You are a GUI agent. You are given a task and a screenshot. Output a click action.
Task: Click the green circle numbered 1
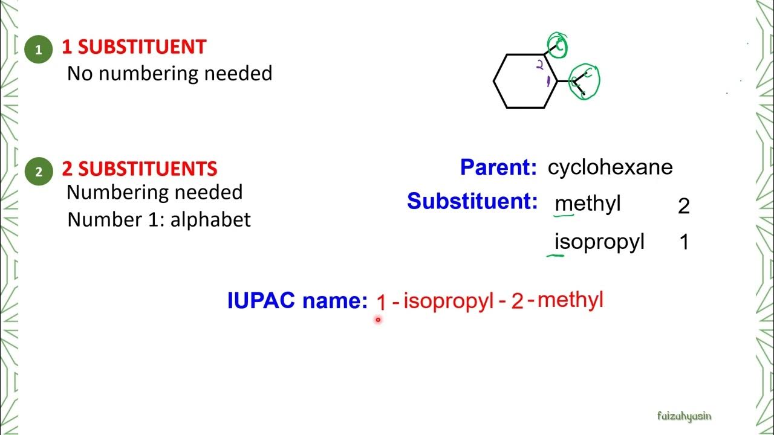click(39, 50)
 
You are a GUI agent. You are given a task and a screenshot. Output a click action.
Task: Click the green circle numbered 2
click(39, 172)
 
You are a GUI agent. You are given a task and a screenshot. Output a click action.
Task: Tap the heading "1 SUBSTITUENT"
click(134, 47)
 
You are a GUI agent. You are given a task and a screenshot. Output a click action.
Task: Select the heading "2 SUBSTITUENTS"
click(139, 169)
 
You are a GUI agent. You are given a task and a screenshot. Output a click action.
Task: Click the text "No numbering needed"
click(169, 74)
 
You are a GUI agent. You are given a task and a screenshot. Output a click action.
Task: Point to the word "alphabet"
click(210, 219)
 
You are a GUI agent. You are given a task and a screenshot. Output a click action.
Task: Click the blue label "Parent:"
click(498, 168)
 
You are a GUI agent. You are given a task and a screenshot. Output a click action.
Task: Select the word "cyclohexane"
click(610, 167)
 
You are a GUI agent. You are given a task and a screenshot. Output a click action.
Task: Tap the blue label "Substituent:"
click(472, 201)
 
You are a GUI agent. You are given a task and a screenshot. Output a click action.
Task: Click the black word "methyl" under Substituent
click(588, 204)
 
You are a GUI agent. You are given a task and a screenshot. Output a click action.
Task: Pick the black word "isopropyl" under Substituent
click(599, 242)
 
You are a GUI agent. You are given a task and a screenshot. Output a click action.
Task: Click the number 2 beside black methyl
click(684, 207)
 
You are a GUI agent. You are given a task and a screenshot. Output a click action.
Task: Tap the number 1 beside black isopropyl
click(685, 243)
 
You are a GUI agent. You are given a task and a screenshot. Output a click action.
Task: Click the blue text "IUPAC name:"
click(297, 300)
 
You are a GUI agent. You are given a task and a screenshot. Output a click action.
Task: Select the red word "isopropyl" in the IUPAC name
click(449, 301)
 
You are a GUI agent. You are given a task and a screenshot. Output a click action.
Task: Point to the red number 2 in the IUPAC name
click(517, 301)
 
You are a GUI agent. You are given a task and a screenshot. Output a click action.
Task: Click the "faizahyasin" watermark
click(685, 416)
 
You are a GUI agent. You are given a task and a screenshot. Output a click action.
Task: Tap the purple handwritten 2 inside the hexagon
click(540, 65)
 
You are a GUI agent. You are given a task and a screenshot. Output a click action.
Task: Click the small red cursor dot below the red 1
click(378, 320)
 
